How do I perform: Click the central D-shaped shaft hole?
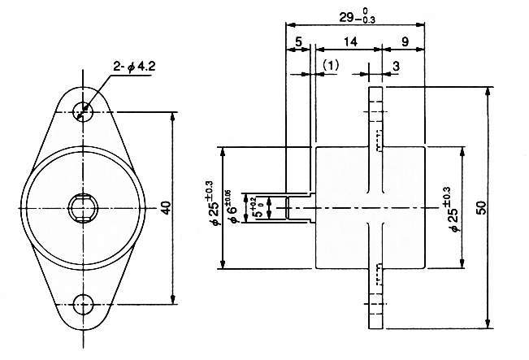[83, 207]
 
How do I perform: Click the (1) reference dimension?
[330, 64]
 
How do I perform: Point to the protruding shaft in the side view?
[299, 208]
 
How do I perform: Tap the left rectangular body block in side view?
[341, 207]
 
